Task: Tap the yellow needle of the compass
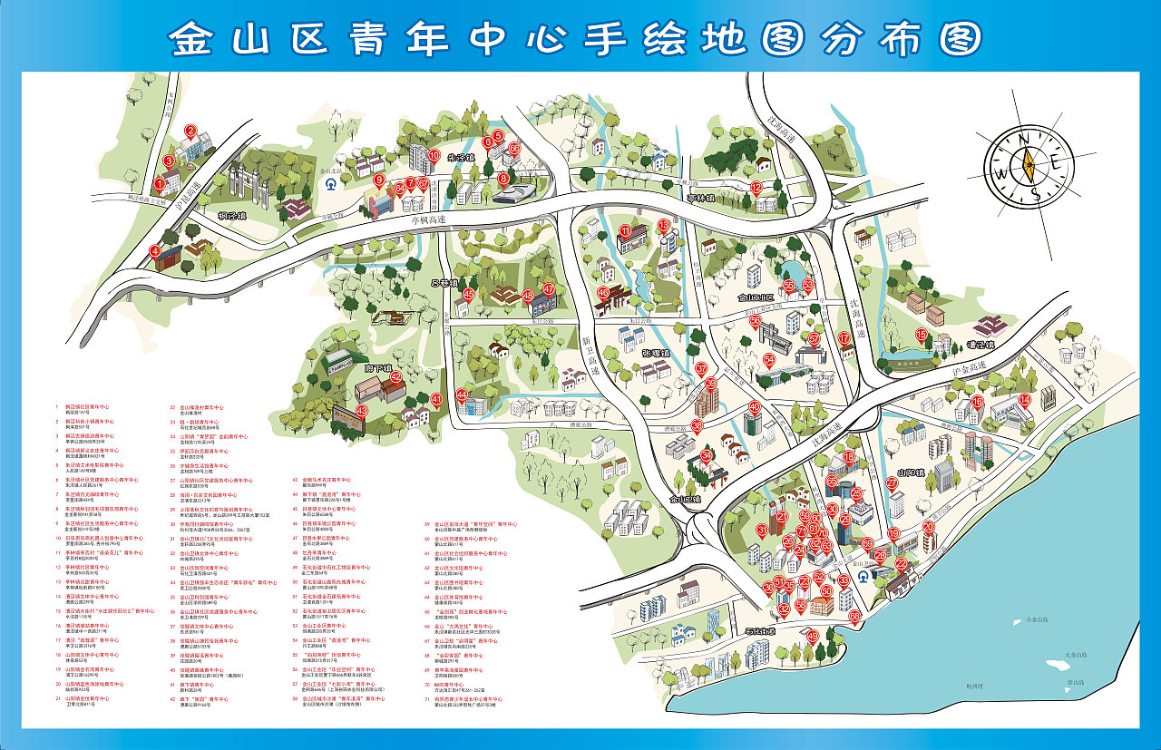click(1029, 166)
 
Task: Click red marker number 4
click(155, 251)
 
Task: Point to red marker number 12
click(756, 188)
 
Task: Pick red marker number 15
click(921, 336)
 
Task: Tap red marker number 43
click(361, 411)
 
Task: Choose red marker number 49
click(812, 636)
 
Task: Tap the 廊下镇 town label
click(376, 369)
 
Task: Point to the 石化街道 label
click(757, 631)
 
